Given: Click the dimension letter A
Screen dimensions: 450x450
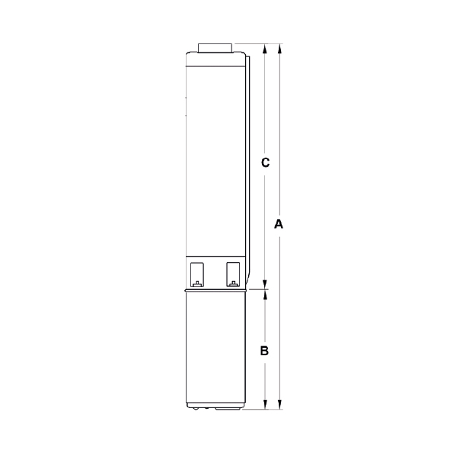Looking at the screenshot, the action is (279, 224).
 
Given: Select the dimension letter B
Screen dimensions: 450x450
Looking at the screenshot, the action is (264, 351).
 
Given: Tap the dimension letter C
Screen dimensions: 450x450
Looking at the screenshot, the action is (265, 162).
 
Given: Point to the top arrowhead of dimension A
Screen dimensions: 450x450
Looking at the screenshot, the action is (280, 49).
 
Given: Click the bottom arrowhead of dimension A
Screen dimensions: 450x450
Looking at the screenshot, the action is (280, 404).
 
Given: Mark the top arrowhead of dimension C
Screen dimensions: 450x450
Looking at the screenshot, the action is (265, 49).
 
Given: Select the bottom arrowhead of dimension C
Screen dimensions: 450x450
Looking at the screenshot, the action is (265, 285).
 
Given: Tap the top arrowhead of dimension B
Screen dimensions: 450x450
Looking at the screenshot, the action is (265, 295).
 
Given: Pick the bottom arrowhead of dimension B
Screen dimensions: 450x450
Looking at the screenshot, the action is (265, 404).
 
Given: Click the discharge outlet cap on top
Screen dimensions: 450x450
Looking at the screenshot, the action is (215, 48).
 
